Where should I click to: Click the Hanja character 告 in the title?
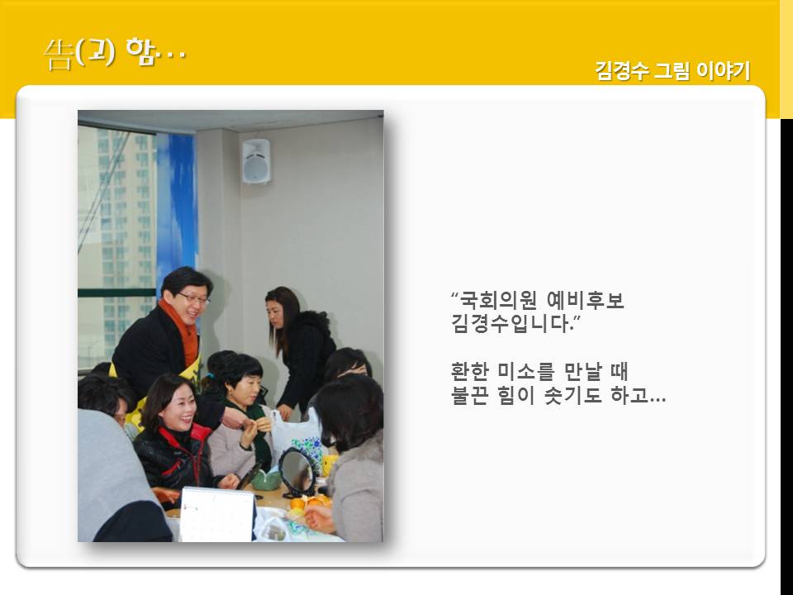(58, 55)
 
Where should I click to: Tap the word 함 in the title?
(140, 51)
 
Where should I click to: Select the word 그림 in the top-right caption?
(672, 70)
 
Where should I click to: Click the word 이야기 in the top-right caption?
(724, 70)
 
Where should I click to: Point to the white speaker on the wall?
(256, 161)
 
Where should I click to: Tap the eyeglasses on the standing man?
(194, 299)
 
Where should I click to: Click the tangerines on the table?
(310, 502)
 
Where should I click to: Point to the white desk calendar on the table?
(217, 514)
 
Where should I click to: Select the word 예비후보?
(586, 300)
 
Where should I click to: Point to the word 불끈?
(469, 395)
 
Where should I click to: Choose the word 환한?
(469, 372)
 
